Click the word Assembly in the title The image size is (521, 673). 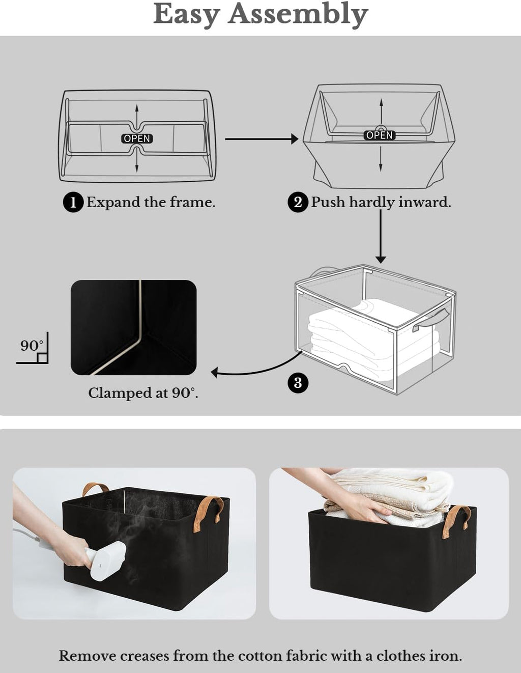point(298,14)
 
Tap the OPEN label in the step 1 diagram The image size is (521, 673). point(137,138)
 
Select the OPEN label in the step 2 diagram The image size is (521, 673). point(380,135)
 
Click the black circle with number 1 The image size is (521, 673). point(73,202)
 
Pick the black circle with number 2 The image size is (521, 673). point(298,202)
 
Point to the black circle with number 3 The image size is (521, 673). point(298,382)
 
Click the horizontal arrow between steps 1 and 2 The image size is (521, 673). point(261,138)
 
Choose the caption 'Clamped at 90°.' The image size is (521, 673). point(143,393)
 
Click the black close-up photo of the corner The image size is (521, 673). point(133,327)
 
